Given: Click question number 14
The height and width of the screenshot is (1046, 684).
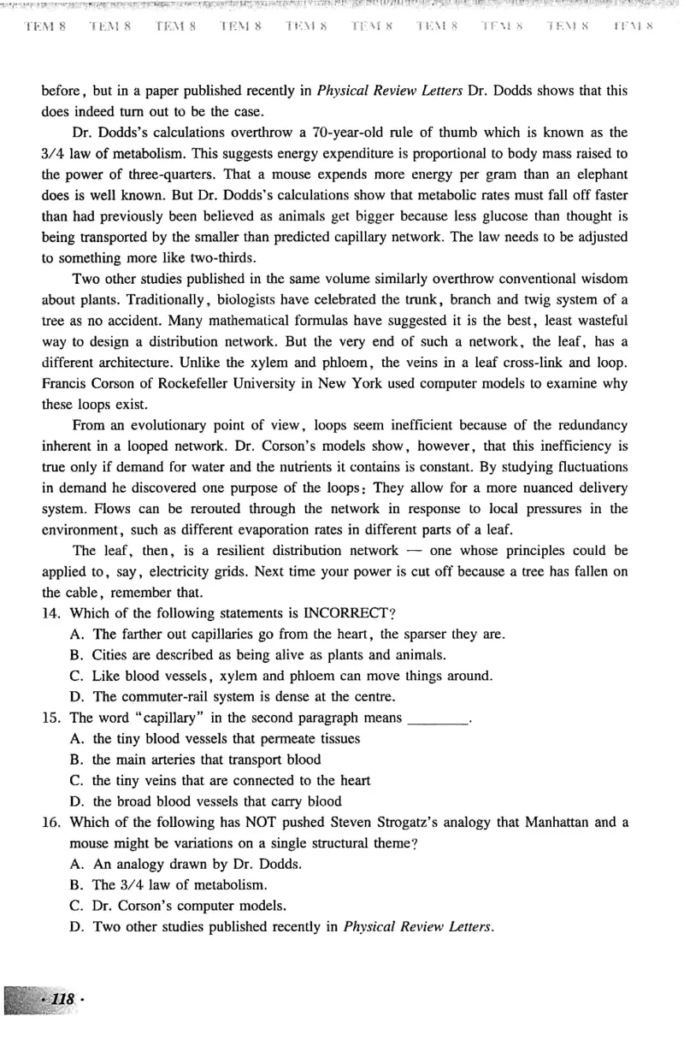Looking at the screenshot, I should pos(50,612).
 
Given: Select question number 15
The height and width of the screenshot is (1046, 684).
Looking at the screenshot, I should pos(50,717).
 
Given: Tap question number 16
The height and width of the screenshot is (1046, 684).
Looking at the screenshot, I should pos(50,822).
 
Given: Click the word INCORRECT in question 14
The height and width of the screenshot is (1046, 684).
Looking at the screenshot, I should pos(341,612).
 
